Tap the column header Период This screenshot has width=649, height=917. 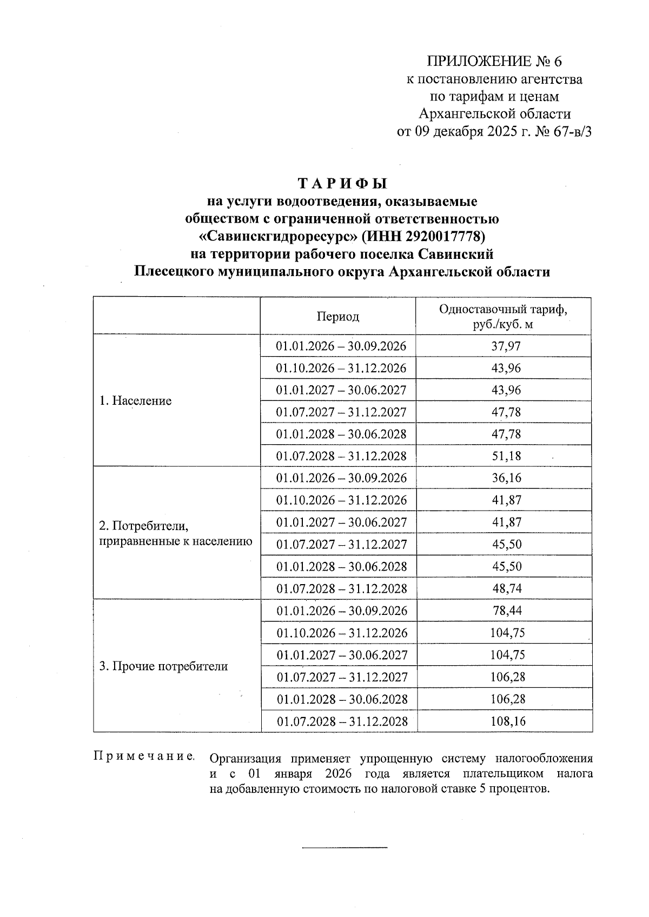tap(338, 317)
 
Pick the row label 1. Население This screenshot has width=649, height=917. tap(135, 401)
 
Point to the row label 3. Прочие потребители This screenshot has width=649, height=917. tap(163, 666)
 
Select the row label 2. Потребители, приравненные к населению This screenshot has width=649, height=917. tap(175, 533)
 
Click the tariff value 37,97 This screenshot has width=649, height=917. tap(506, 346)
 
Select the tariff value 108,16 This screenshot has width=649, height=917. tap(507, 721)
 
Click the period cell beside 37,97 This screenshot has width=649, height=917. tap(341, 346)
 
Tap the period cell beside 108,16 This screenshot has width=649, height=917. tap(342, 721)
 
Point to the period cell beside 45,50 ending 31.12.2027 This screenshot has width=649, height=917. tap(341, 544)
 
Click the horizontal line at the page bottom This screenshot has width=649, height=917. tap(345, 846)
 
